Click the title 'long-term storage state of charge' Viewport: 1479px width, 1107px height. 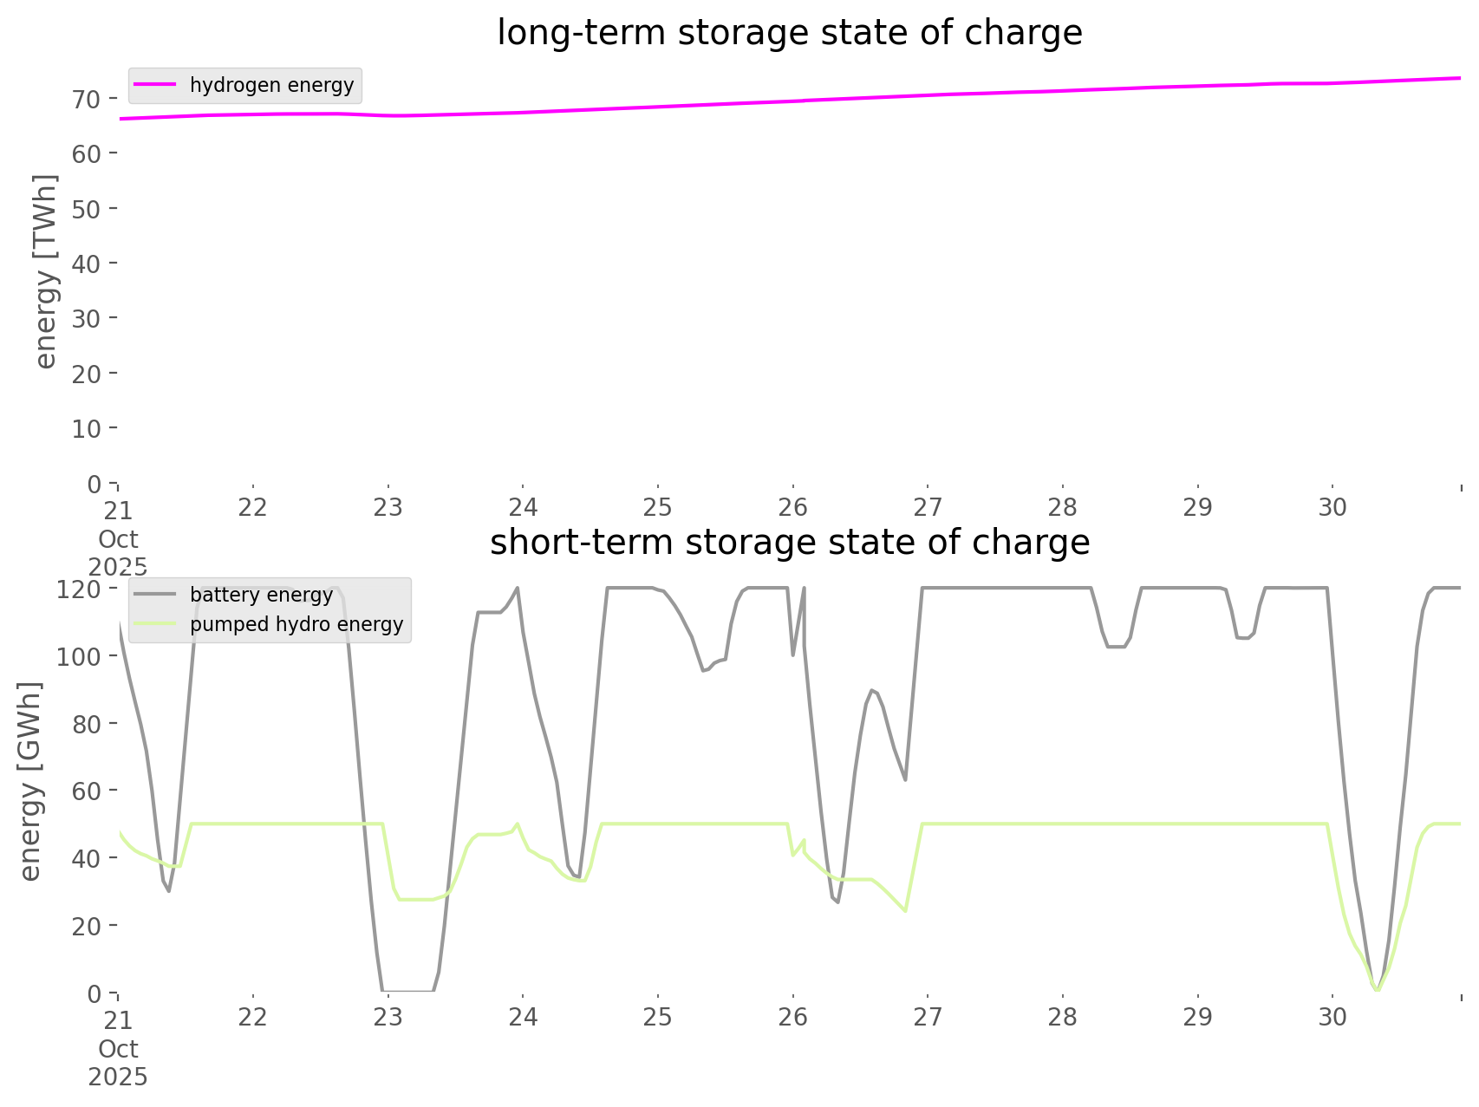pos(789,33)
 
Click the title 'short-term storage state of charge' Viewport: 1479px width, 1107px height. pos(789,543)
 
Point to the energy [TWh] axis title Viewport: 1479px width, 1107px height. pos(46,271)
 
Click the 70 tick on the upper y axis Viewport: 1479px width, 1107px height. pos(87,99)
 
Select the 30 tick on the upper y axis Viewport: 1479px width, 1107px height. pos(87,318)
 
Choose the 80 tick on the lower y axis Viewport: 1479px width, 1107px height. pos(87,723)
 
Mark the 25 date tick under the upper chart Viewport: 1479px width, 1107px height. pos(658,507)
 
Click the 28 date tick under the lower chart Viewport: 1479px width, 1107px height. pos(1063,1017)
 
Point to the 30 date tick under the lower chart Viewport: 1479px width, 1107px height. pos(1332,1017)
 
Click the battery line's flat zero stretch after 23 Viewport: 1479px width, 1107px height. pos(407,990)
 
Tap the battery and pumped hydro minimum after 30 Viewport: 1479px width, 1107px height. pos(1377,989)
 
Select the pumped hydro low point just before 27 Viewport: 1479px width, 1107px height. pos(905,911)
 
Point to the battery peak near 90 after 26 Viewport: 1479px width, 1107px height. pos(871,690)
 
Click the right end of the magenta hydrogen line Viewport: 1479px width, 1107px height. pos(1460,78)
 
